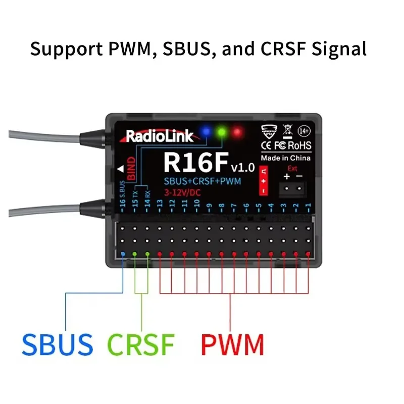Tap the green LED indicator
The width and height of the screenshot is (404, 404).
click(x=221, y=132)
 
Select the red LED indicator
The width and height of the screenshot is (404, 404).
click(x=236, y=132)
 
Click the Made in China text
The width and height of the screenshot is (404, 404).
click(x=285, y=158)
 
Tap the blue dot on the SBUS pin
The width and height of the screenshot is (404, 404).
click(x=123, y=254)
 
